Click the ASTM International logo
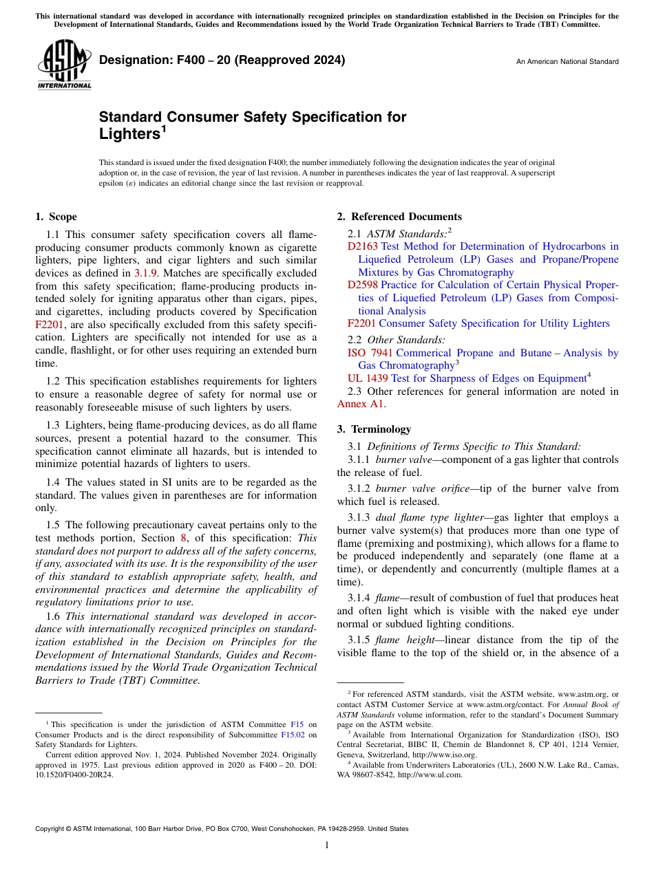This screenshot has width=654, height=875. click(63, 65)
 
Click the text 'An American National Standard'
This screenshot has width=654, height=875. click(567, 62)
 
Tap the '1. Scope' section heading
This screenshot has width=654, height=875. click(56, 217)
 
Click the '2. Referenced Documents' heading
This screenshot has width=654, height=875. click(399, 217)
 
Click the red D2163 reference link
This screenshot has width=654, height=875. click(362, 246)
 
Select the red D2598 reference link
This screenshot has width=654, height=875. click(362, 285)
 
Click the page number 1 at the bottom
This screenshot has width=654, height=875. click(326, 845)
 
